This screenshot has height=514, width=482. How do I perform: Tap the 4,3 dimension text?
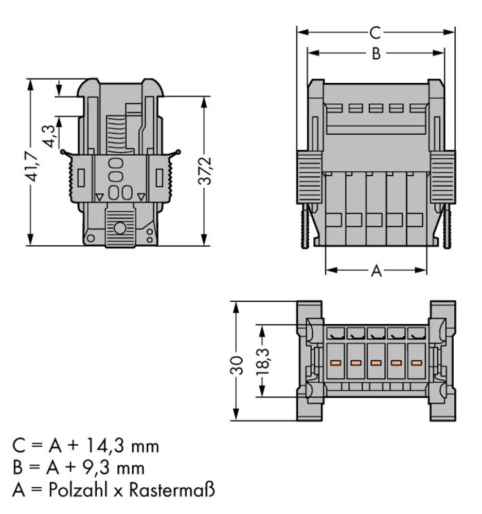pos(50,135)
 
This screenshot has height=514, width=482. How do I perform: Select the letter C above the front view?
pos(376,33)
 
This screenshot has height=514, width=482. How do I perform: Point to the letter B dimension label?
pos(376,53)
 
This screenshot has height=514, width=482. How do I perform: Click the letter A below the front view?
pos(377,271)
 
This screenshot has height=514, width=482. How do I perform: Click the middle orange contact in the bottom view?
pos(376,363)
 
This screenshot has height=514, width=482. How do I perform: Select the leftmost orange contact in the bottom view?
pos(335,363)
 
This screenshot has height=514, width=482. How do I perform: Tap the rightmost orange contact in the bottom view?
pos(416,363)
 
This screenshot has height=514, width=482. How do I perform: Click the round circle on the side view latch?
pos(120,228)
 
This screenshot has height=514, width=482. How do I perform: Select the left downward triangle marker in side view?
pos(99,196)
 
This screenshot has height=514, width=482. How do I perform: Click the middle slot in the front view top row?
pos(376,108)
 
